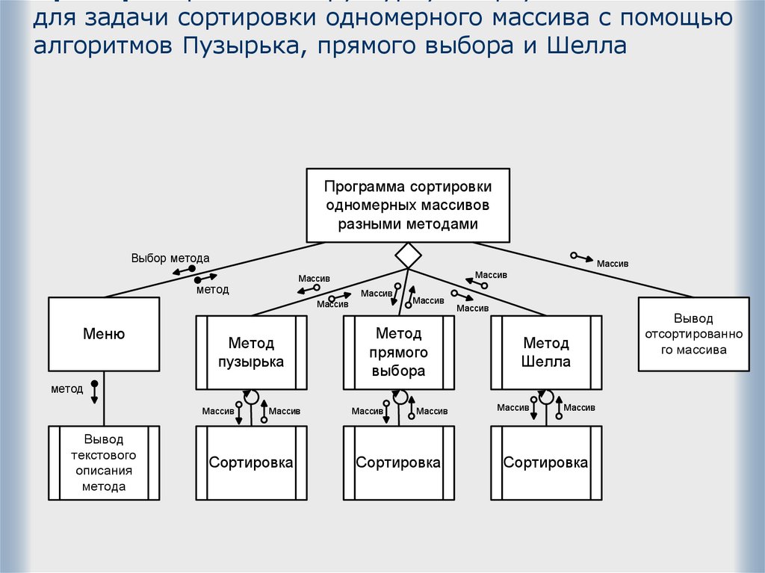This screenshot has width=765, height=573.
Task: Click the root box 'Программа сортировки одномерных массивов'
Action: (407, 205)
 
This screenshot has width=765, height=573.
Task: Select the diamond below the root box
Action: (408, 255)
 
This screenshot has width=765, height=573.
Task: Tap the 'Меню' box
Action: (104, 334)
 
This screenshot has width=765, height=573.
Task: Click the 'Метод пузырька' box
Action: (251, 353)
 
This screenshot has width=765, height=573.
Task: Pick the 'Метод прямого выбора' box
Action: (399, 353)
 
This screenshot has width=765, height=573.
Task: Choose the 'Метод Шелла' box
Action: (546, 353)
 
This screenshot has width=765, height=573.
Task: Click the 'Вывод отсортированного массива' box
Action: (693, 334)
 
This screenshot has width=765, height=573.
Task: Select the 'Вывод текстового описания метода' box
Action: (104, 462)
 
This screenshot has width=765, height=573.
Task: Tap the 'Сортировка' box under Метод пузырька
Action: (251, 462)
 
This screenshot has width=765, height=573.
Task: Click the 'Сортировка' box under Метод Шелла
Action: (546, 462)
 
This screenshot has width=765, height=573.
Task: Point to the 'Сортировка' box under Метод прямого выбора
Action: (399, 462)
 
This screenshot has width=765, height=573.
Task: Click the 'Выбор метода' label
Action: (170, 258)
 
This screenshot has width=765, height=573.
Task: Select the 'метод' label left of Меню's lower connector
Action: (66, 388)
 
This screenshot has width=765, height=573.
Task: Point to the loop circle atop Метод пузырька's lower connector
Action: (252, 397)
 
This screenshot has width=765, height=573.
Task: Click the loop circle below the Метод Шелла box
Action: (547, 397)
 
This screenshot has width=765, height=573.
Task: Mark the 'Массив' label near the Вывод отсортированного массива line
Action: (613, 264)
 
